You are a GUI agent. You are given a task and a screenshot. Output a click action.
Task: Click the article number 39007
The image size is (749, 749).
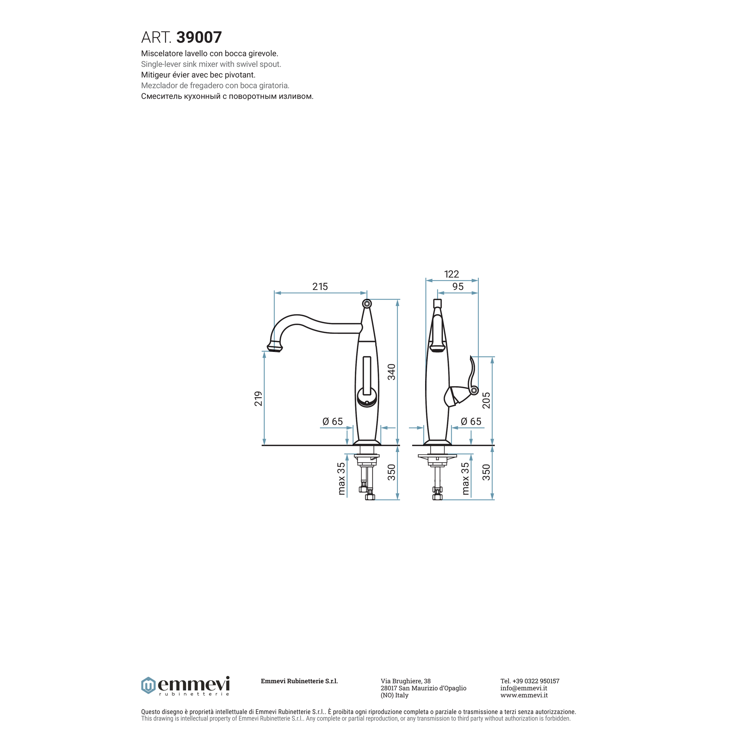coord(199,37)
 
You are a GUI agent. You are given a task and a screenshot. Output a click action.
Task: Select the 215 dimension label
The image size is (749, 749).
coord(320,286)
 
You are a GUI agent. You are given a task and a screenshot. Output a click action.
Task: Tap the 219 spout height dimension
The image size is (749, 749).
coord(258,399)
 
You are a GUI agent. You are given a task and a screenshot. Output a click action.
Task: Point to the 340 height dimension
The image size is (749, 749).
coord(392,372)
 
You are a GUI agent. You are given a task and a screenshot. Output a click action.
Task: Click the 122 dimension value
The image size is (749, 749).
coord(451,274)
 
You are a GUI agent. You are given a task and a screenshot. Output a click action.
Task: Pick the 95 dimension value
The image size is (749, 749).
coord(458,286)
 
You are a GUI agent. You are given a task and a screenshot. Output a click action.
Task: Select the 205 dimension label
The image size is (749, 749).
coord(486,400)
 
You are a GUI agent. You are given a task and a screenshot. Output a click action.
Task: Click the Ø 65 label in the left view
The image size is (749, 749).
coord(333,421)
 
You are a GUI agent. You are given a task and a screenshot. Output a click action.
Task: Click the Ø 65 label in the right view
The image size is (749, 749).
coord(471,421)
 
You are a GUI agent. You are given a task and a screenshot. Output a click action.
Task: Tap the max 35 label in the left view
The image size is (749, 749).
coord(341,479)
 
